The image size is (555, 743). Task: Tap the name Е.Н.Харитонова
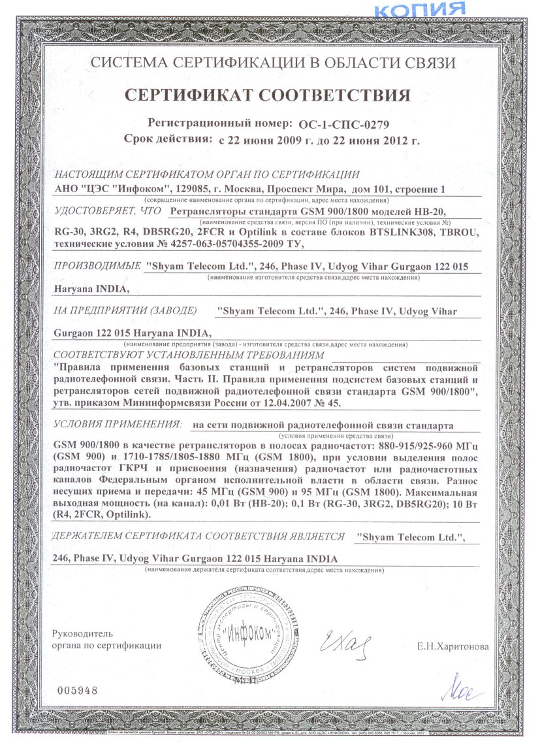pyautogui.click(x=452, y=647)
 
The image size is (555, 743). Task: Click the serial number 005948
pyautogui.click(x=77, y=690)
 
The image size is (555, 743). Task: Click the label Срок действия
pyautogui.click(x=168, y=139)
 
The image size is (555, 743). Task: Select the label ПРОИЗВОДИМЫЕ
pyautogui.click(x=97, y=266)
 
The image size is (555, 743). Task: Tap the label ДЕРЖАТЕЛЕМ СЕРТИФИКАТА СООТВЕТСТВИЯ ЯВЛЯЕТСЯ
pyautogui.click(x=198, y=536)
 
